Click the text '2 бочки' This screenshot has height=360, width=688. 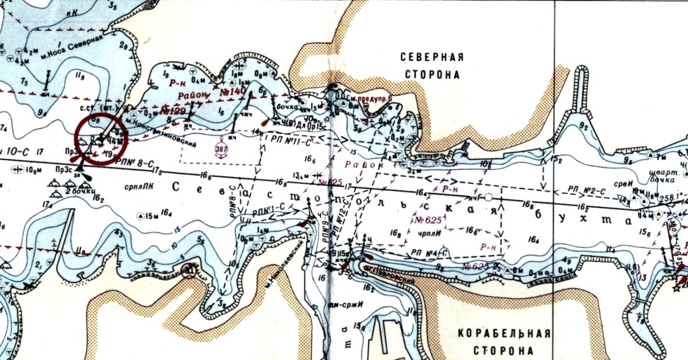coord(79,192)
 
